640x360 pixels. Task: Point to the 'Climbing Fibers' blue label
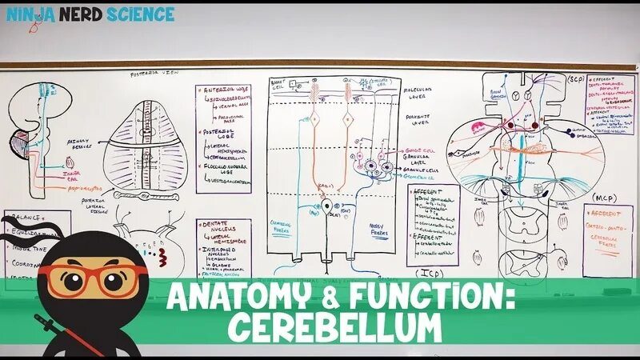pyautogui.click(x=283, y=227)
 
